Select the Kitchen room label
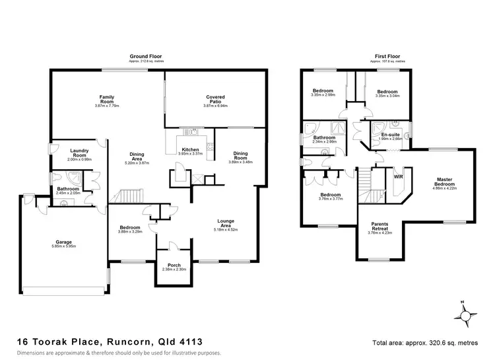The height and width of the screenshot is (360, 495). tap(191, 149)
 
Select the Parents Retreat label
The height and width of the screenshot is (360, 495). tap(379, 225)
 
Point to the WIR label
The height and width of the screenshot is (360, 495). tap(398, 177)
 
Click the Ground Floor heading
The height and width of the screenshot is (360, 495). tap(147, 57)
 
